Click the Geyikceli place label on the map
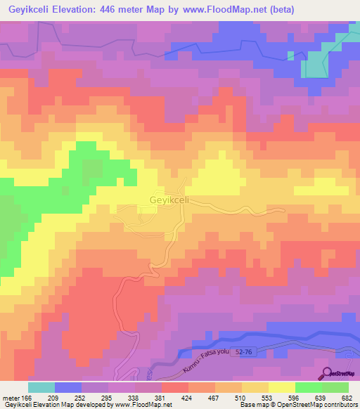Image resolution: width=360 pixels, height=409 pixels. point(168,200)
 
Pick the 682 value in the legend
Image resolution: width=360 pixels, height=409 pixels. point(347,398)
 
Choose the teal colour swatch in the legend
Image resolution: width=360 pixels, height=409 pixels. point(41,387)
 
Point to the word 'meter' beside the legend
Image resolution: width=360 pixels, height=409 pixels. point(9,398)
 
